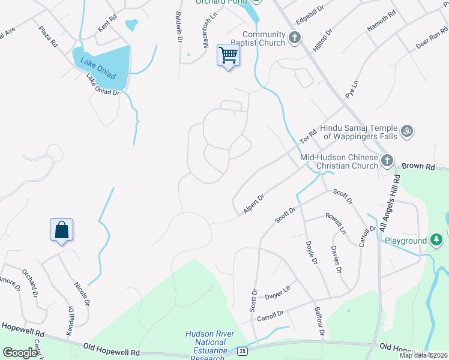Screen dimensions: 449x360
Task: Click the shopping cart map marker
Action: (228, 55)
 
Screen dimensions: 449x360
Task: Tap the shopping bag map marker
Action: (61, 230)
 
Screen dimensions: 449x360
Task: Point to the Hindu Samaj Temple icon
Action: (407, 130)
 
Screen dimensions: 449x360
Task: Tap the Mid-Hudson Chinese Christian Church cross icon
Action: (387, 160)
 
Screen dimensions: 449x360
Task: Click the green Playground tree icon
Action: (436, 241)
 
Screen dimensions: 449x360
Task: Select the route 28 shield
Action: (242, 349)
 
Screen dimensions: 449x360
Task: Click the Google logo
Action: (20, 353)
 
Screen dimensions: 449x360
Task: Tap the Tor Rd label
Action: (308, 137)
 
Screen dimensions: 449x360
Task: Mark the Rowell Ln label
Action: (336, 223)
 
